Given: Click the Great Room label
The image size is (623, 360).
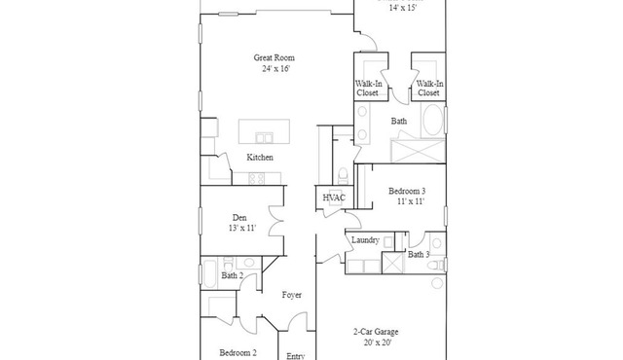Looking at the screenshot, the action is point(275,58).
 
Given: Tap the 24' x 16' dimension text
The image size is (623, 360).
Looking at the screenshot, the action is point(276,69).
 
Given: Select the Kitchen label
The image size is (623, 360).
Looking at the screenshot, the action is point(260,158).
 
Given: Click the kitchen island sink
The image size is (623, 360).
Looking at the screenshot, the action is point(264,138).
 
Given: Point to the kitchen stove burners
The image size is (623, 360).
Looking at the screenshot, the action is point(257,179).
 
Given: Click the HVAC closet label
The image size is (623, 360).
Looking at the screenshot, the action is point(334,198).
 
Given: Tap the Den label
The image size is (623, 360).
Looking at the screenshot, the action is point(239,218).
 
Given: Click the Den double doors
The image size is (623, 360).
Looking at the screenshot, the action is point(276,221).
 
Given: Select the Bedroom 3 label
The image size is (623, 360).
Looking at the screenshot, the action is point(407,191).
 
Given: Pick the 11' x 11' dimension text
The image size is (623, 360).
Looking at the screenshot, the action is point(411,201).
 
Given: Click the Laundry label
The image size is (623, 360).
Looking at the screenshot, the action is point(365,239).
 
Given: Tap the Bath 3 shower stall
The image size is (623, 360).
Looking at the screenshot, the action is point(392,263).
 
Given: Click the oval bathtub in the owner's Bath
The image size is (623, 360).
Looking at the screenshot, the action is point(432,119).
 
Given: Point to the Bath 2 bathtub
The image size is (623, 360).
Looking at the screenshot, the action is point(209,273).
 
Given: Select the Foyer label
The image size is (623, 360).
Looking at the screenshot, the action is point(292,295).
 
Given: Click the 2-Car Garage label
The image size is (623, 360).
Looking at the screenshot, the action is point(376,332).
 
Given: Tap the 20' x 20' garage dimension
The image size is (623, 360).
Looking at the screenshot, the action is point(378,342).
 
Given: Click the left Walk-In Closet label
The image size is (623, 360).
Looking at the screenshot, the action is point(368,89).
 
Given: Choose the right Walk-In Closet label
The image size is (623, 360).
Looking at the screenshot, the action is point(429,89).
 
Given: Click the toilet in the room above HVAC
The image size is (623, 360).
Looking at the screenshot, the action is point(343,176).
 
